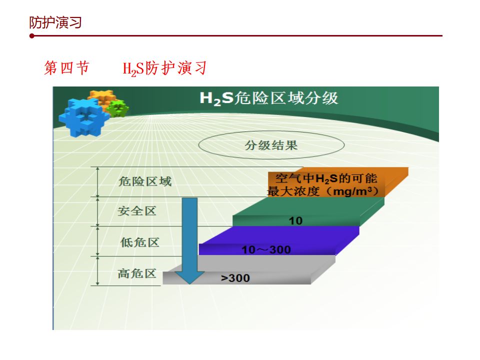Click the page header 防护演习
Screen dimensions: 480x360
click(x=55, y=22)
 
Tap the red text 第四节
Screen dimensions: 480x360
click(x=66, y=67)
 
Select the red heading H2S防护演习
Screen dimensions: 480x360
click(x=164, y=68)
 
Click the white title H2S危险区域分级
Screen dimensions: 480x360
click(x=269, y=98)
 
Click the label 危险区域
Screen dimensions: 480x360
click(x=145, y=181)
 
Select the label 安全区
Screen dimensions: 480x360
click(x=137, y=211)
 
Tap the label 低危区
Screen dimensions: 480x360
click(x=139, y=242)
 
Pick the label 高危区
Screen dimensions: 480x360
click(x=137, y=273)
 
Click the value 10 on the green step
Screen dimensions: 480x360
click(x=295, y=220)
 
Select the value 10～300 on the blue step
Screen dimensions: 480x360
click(x=266, y=250)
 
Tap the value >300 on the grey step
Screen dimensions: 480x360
click(x=235, y=278)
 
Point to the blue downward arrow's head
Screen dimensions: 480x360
click(x=190, y=277)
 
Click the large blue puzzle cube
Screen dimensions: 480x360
click(x=84, y=117)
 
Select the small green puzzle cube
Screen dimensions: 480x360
click(x=118, y=108)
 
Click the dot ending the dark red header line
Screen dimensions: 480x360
click(x=32, y=36)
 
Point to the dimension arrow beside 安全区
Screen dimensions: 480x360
click(x=97, y=211)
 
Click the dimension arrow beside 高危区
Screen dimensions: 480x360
click(x=97, y=271)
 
